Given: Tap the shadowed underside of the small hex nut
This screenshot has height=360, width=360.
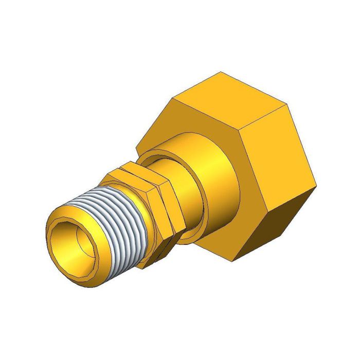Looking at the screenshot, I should (154, 252).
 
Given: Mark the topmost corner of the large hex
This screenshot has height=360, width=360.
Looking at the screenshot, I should (221, 72).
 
